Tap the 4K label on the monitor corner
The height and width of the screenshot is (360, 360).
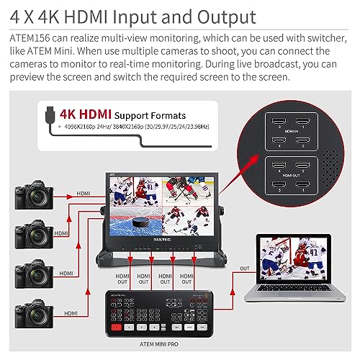113,174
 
